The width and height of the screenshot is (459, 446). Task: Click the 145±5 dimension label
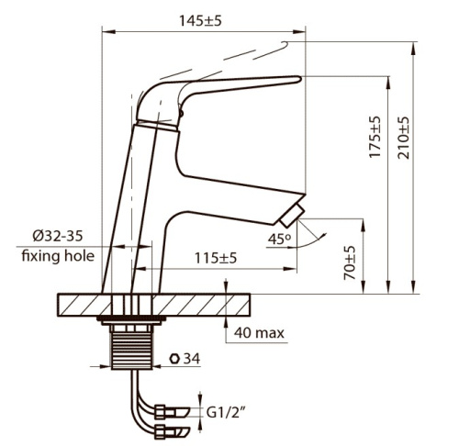click(x=200, y=21)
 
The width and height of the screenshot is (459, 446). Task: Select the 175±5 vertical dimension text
click(x=375, y=137)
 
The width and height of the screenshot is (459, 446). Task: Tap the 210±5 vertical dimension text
click(x=403, y=138)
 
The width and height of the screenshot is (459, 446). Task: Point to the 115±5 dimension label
click(x=216, y=258)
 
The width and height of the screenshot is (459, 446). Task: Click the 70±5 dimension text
click(x=350, y=262)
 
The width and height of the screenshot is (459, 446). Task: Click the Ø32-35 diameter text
click(x=58, y=236)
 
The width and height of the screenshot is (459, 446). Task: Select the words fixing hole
click(x=58, y=256)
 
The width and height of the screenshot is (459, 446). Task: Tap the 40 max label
click(x=259, y=333)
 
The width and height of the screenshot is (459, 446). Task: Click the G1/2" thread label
click(x=227, y=413)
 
